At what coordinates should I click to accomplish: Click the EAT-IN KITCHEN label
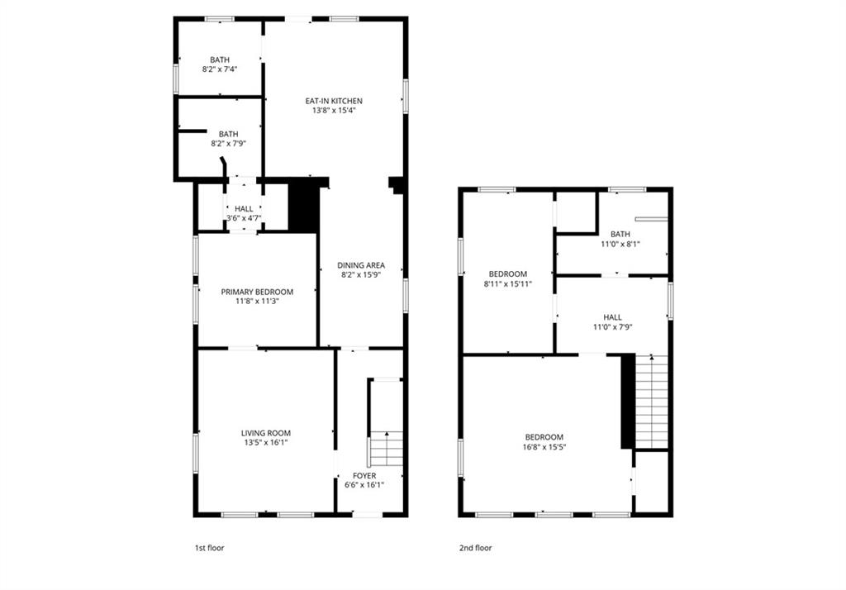(334, 101)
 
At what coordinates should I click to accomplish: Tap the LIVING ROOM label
(265, 433)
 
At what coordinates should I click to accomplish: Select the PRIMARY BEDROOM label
(257, 292)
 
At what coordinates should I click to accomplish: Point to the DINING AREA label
(361, 265)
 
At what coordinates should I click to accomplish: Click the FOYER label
(364, 476)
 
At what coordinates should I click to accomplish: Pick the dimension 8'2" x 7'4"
(220, 69)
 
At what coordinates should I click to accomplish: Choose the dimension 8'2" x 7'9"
(228, 144)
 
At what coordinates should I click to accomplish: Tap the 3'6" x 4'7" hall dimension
(244, 218)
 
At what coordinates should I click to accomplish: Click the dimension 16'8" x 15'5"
(544, 447)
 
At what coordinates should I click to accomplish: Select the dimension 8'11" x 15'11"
(508, 283)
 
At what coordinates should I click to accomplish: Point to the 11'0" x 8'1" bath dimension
(620, 244)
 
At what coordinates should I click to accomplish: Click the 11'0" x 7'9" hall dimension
(612, 326)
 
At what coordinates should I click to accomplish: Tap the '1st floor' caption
(209, 548)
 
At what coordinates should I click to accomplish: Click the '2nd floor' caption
(475, 548)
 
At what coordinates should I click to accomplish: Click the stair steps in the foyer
(387, 450)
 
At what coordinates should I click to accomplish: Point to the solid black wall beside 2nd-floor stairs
(628, 402)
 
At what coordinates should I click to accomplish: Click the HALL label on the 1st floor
(244, 209)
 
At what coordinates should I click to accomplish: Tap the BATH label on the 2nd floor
(620, 235)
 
